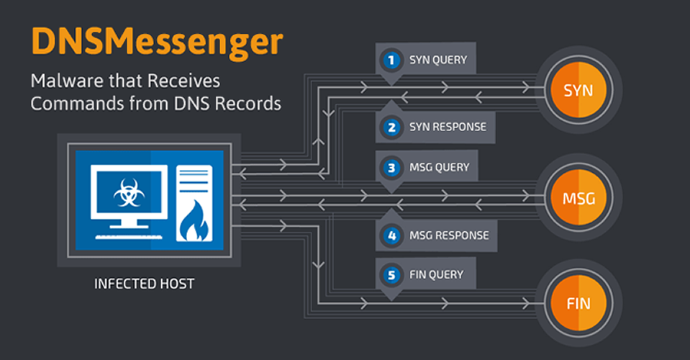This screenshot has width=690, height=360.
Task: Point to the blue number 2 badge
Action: click(391, 127)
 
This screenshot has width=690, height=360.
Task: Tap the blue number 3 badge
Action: click(391, 168)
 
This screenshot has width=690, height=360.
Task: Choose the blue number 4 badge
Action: click(391, 235)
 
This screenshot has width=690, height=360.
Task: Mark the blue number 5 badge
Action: click(391, 274)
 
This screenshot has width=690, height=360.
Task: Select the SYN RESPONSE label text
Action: click(447, 127)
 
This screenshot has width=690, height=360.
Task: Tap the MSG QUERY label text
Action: click(438, 168)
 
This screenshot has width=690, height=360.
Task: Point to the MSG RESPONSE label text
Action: click(448, 235)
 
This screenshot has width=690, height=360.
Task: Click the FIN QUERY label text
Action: click(436, 274)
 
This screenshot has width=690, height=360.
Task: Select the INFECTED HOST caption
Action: click(144, 284)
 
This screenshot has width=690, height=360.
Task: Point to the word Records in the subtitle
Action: click(250, 103)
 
